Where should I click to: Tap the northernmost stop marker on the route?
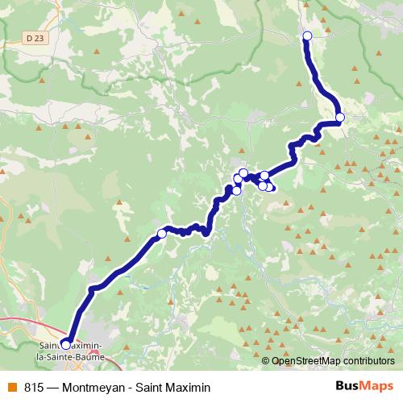307,35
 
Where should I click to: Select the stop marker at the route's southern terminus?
66,344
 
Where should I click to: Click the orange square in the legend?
10,387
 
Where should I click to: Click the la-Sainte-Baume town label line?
70,354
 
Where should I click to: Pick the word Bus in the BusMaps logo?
347,386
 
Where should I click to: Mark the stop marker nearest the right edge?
340,118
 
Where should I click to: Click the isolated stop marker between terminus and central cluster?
161,234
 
